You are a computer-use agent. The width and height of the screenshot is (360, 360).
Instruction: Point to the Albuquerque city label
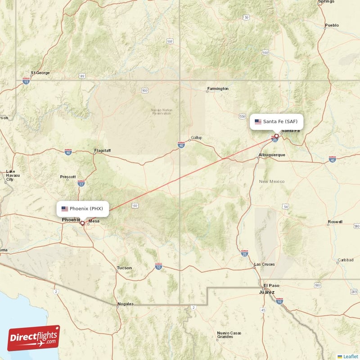click(x=272, y=155)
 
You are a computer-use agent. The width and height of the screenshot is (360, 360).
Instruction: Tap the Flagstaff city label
click(x=102, y=150)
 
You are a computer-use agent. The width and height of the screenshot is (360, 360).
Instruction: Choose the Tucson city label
click(x=124, y=268)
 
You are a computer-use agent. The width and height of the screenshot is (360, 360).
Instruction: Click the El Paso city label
click(x=271, y=285)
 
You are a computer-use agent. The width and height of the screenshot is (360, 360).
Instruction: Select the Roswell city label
click(x=335, y=222)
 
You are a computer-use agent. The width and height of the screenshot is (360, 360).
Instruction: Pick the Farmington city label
click(x=217, y=89)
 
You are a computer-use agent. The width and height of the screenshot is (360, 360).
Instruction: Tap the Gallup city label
click(x=196, y=137)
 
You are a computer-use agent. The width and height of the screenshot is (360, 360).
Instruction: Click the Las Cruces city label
click(x=264, y=264)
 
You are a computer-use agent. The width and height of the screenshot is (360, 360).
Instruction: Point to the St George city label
click(x=40, y=72)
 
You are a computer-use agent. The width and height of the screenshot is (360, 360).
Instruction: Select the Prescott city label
click(x=67, y=177)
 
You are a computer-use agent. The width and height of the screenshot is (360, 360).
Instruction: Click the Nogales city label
click(x=126, y=304)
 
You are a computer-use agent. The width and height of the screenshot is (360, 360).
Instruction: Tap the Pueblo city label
click(x=332, y=25)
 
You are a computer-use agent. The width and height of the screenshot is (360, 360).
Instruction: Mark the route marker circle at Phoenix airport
click(x=82, y=223)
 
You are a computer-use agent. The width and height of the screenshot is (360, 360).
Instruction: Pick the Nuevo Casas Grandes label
click(x=229, y=335)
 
